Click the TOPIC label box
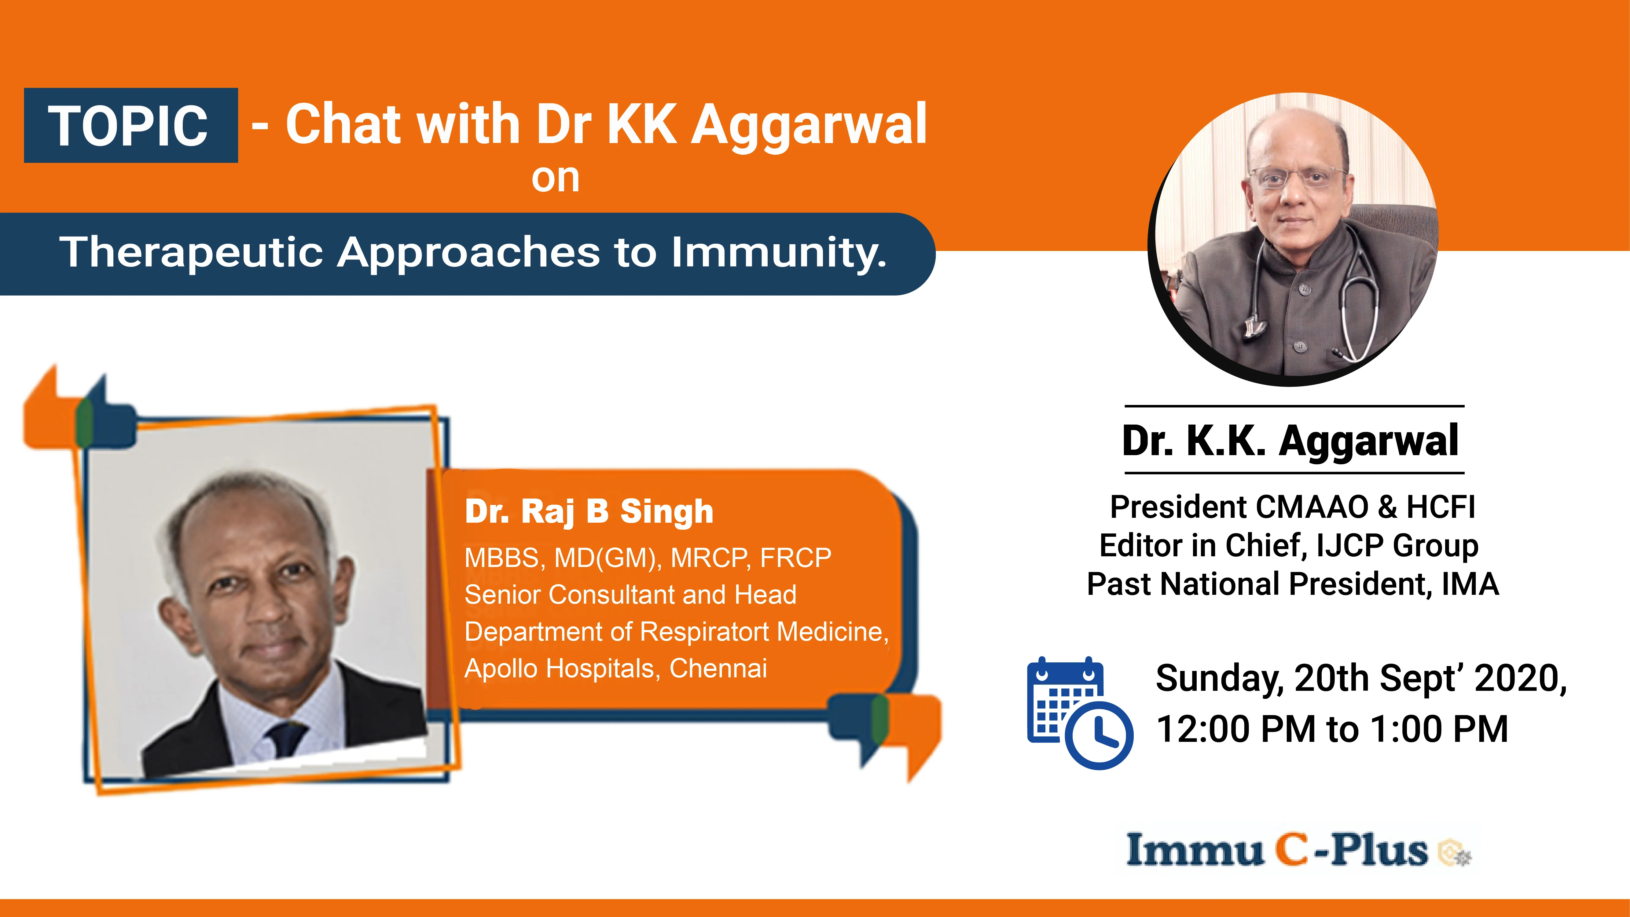pos(130,125)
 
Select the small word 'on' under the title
pos(555,179)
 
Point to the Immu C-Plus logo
pos(1297,850)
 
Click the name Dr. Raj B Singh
pos(589,511)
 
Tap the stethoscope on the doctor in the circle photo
pos(1360,304)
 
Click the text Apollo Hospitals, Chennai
pos(615,668)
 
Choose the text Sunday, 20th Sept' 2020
pos(1360,678)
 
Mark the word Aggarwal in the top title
pos(809,125)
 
